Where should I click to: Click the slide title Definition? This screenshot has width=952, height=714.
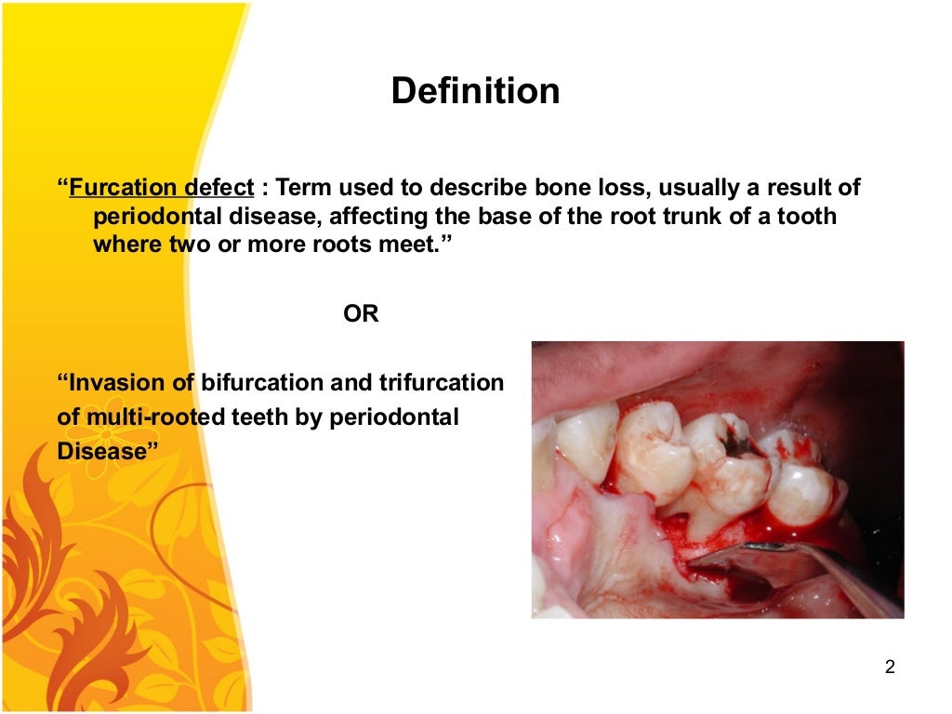tap(475, 91)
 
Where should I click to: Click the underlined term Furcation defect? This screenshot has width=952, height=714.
tap(161, 188)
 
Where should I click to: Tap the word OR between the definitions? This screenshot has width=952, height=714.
tap(361, 314)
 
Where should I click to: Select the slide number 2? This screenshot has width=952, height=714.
tap(890, 667)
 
